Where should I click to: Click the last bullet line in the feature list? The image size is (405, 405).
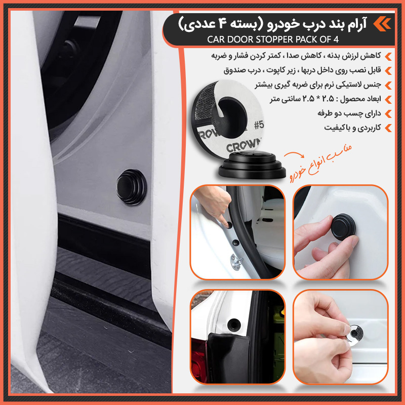pyautogui.click(x=349, y=128)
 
